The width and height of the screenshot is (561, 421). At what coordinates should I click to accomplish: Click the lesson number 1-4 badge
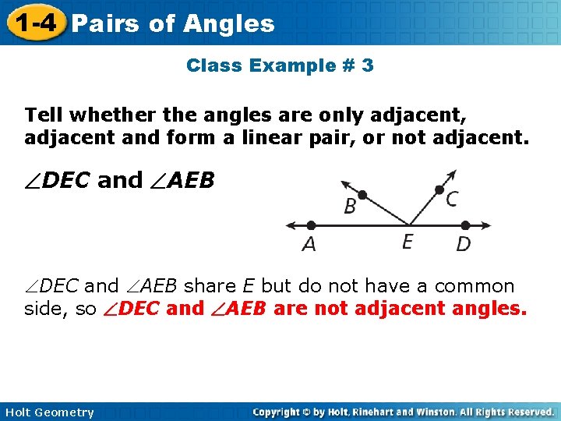pos(34,23)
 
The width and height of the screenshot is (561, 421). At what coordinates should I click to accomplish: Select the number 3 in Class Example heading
pos(367,65)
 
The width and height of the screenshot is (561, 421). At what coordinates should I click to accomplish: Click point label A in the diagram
pos(309,244)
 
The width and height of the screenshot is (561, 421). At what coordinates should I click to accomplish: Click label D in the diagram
pos(463,244)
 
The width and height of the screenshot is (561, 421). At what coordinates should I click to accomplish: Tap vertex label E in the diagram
pos(408,242)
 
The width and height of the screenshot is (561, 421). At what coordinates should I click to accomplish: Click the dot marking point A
pos(310,225)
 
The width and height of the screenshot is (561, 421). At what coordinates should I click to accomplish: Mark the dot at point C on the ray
pos(439,189)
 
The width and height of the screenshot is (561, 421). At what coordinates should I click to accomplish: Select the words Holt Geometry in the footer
pos(48,412)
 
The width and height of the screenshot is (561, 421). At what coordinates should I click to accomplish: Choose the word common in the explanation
pos(475,286)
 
